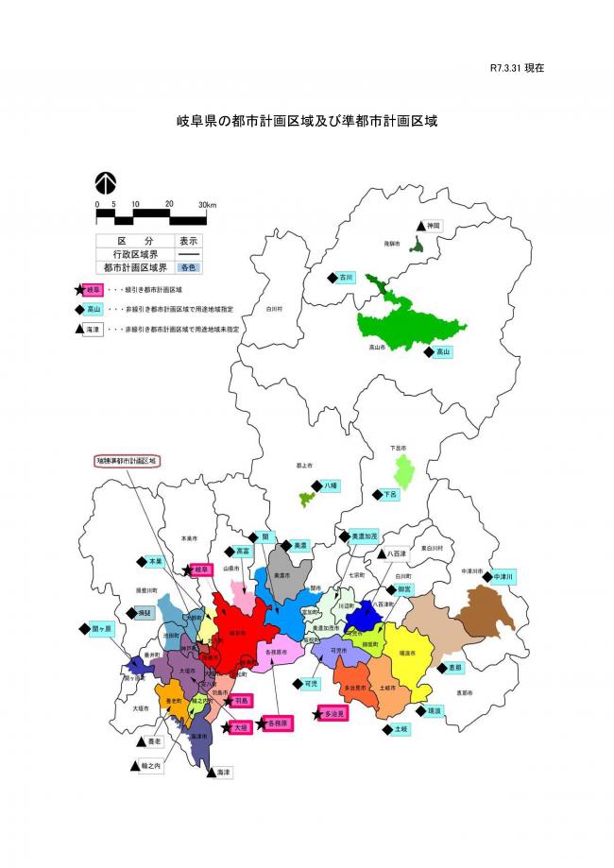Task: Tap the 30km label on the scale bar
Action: tap(207, 204)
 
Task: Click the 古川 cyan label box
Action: tap(346, 278)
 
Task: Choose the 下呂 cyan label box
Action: tap(390, 494)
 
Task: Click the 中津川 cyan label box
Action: tap(505, 575)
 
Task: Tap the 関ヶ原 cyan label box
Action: tap(101, 629)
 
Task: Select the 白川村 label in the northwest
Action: tap(274, 308)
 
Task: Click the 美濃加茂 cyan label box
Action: tap(364, 535)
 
